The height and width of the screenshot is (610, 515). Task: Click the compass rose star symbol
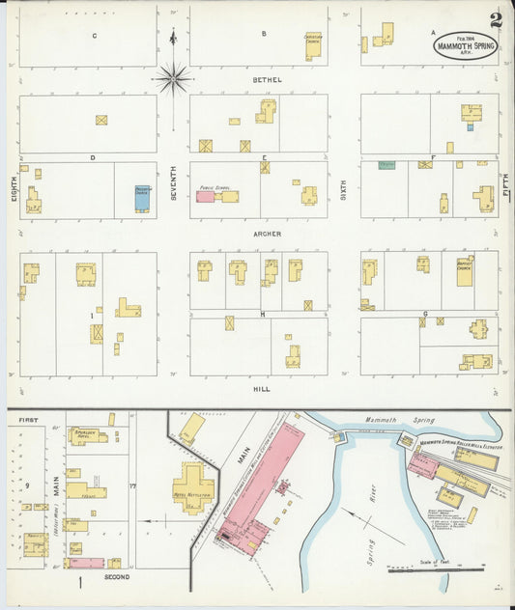coord(174,77)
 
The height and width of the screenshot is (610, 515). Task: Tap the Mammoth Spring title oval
coord(466,47)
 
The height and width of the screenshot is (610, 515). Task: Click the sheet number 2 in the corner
coord(496,19)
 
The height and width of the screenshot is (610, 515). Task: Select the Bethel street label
coord(267,79)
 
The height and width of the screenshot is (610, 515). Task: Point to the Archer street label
coord(267,233)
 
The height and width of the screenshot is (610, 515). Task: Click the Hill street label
coord(261,389)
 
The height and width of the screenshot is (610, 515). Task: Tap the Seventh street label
coord(174,183)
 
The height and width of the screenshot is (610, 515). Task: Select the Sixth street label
coord(343,188)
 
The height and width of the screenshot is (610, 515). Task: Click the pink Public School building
coord(205,197)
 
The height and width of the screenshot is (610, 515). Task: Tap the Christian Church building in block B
coord(313,44)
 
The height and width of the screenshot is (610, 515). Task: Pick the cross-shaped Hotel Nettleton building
coord(193,485)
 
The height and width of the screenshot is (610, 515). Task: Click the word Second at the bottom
coord(116,577)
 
